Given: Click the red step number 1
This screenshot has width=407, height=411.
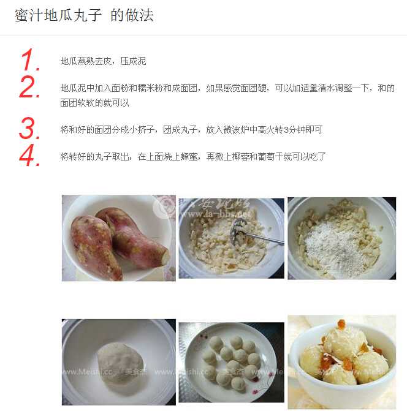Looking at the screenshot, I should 29,61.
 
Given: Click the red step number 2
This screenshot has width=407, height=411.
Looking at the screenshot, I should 29,88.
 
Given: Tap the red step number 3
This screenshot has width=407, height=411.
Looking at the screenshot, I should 29,129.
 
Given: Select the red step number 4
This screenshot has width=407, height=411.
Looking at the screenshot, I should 29,156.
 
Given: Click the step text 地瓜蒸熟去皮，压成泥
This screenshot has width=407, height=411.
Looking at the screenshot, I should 103,61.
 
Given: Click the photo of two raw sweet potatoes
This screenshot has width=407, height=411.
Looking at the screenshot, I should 118,238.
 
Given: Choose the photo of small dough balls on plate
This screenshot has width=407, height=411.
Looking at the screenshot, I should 231,361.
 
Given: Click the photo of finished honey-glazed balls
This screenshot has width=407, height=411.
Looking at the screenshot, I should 341,361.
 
